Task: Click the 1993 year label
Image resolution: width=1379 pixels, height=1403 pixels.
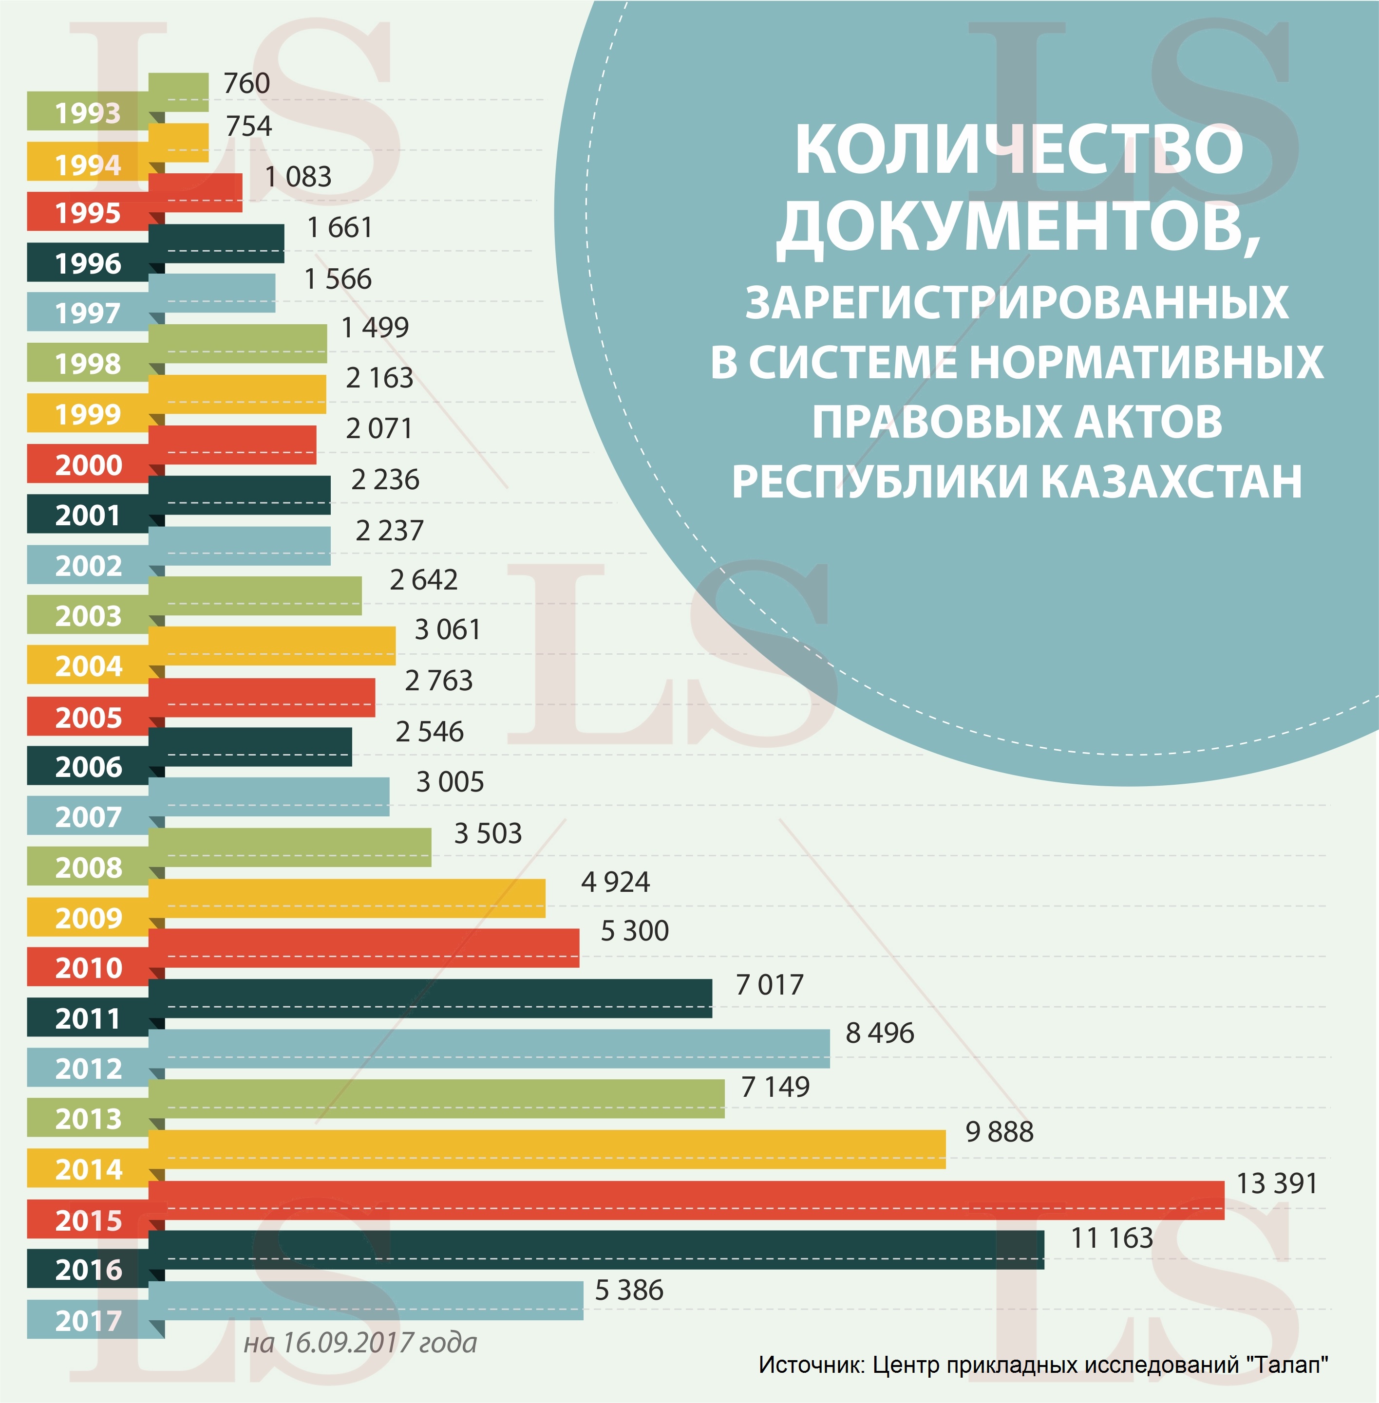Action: [88, 113]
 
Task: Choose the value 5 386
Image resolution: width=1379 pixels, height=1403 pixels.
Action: [629, 1290]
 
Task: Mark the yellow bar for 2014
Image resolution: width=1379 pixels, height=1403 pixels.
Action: [547, 1149]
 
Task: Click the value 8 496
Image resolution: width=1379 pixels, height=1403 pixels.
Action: [879, 1033]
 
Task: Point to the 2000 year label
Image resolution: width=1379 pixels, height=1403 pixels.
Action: [88, 465]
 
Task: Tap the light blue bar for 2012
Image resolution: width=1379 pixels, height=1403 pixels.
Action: [489, 1048]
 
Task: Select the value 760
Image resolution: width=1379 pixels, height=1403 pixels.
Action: [246, 83]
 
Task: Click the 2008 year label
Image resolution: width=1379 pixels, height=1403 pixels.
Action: [88, 868]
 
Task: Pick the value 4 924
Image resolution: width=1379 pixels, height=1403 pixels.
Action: [615, 882]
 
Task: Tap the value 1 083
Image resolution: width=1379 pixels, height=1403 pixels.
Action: [298, 177]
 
